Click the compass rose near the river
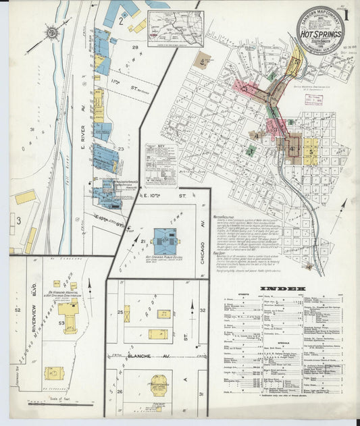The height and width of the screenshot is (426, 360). tap(52, 30)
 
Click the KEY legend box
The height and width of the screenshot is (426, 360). tap(161, 163)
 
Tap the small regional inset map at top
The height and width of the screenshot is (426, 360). tap(175, 28)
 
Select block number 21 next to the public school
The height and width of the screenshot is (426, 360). tap(143, 240)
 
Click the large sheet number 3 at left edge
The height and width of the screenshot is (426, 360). tap(19, 220)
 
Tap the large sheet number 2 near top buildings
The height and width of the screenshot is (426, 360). tap(120, 20)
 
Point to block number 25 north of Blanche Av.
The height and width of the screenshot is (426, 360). tap(119, 312)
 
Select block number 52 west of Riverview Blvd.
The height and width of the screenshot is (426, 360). tap(18, 309)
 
